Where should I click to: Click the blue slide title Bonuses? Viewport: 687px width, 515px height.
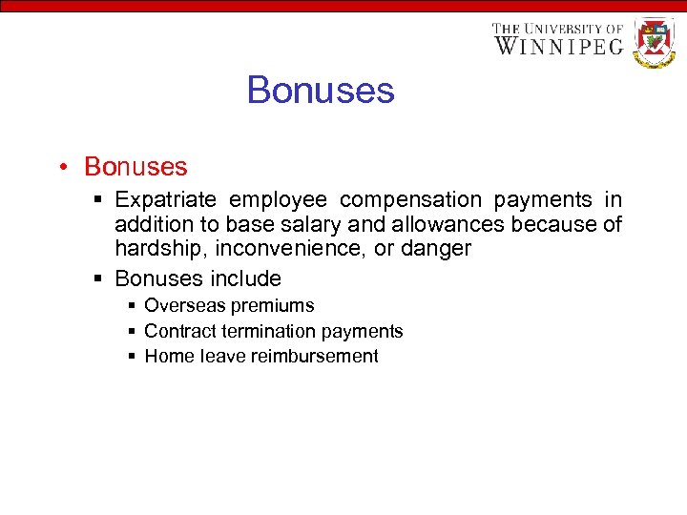320,91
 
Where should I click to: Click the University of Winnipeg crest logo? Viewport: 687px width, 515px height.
655,42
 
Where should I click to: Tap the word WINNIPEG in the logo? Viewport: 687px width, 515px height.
559,45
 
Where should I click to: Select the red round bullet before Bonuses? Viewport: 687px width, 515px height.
61,167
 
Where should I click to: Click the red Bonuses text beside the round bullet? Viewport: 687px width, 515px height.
135,167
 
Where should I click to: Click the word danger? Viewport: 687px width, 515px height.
437,249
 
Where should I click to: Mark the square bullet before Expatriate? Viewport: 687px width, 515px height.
100,200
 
